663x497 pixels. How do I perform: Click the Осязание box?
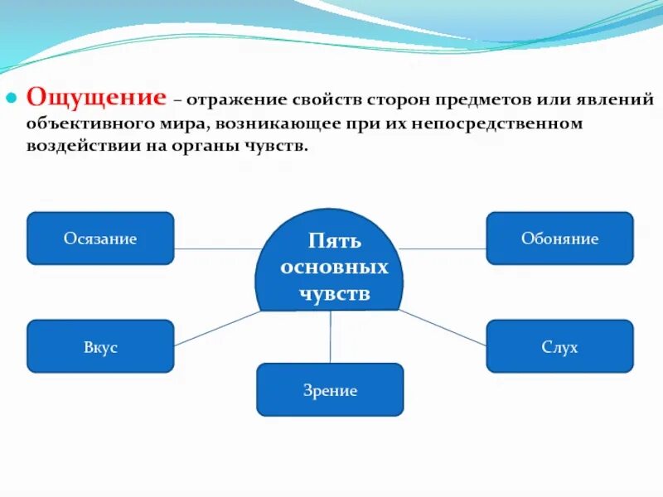tap(100, 239)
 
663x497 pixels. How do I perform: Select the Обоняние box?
tap(559, 239)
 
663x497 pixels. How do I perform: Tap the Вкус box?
tap(100, 346)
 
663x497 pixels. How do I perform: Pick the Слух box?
tap(559, 346)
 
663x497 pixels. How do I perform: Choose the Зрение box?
tap(330, 389)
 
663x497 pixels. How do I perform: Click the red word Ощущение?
tap(96, 97)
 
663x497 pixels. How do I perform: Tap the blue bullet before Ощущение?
tap(12, 98)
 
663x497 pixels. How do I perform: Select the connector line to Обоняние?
tap(443, 248)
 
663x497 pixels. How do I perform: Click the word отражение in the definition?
tap(235, 100)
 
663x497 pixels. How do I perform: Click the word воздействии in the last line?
tap(84, 147)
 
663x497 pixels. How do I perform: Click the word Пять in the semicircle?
tap(334, 242)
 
